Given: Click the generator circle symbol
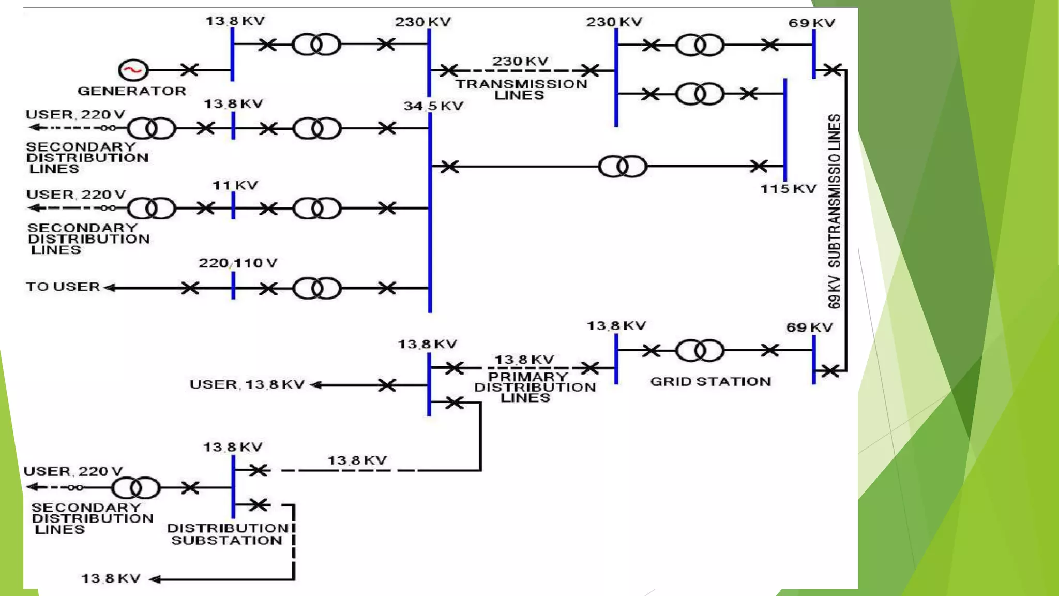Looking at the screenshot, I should pos(133,70).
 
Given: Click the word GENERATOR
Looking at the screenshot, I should pos(132,91).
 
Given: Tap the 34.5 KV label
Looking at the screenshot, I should pos(433,106).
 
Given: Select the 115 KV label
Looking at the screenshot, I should pos(788,189).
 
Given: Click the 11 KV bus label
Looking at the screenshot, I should pos(235,185).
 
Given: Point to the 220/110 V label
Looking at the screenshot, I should pos(238,263).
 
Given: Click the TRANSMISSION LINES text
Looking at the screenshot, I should pos(521,89).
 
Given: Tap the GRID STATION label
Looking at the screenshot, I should pos(710,382).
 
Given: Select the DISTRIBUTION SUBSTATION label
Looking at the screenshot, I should pos(227,534).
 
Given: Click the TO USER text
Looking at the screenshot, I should pos(63,287).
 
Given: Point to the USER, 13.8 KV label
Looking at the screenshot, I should pos(247,384).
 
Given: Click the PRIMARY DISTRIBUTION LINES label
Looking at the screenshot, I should pos(535,387).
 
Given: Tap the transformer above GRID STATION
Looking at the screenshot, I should pos(700,350).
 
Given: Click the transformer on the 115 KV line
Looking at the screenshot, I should pos(623,167).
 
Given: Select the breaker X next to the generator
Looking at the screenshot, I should pos(189,70).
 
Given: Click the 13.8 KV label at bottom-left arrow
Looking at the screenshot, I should pos(111,578).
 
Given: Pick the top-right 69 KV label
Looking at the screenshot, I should pos(811,23).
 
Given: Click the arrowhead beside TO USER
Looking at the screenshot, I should pos(110,288).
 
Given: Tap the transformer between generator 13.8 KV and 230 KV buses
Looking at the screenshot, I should pos(316,44).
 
